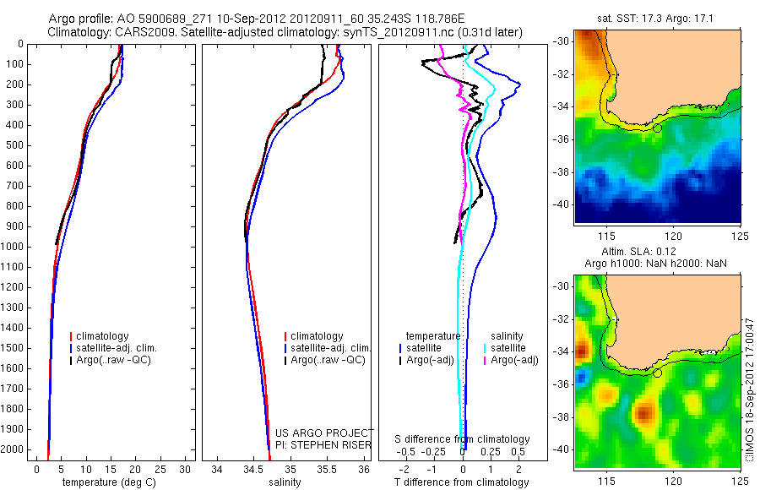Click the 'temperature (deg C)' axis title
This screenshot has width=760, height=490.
110,482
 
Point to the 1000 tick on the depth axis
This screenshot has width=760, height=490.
18,247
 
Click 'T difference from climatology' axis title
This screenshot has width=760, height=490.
461,482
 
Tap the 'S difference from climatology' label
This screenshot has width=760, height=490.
462,439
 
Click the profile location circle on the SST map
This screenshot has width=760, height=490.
657,128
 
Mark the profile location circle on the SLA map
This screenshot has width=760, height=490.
657,373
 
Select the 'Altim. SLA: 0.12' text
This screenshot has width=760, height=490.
657,253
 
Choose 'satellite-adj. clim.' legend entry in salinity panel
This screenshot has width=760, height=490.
330,348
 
